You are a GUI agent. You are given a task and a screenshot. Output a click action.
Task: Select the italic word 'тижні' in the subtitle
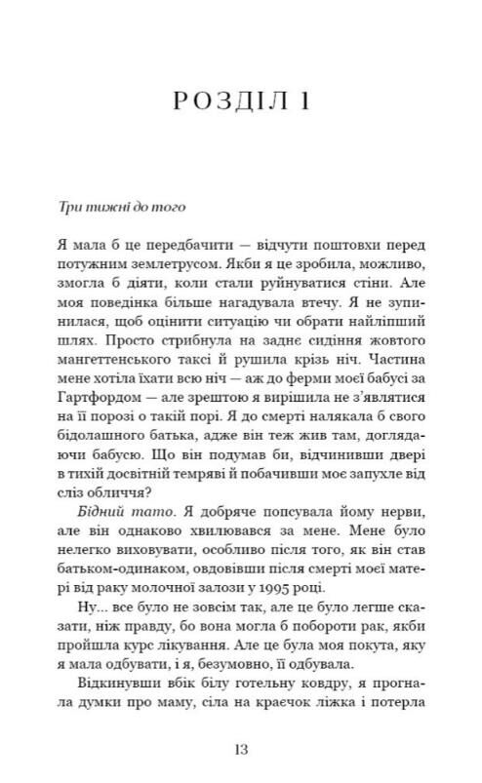[x=93, y=207]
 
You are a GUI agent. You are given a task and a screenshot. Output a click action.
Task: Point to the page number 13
[x=242, y=748]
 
